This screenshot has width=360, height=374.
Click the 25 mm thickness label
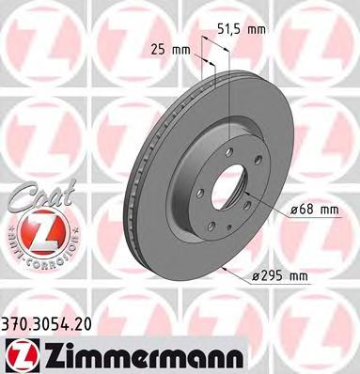tap(167, 48)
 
